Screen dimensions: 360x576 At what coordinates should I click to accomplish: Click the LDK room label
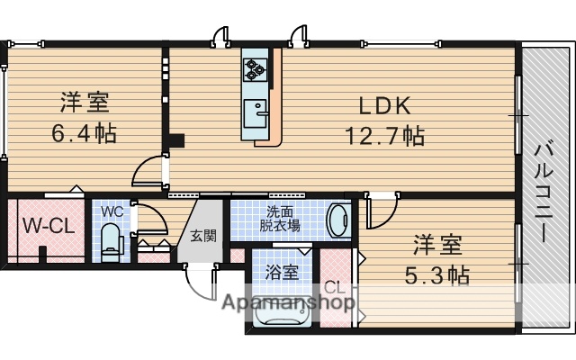[x=384, y=106]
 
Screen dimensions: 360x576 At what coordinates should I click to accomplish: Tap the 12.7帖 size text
[x=384, y=137]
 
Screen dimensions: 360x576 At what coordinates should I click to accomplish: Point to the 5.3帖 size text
[x=437, y=274]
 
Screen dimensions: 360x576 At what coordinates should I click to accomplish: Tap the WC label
[x=112, y=212]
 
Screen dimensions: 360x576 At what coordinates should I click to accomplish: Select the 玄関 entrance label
[x=202, y=237]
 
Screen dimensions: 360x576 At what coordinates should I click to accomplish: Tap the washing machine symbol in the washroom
[x=338, y=220]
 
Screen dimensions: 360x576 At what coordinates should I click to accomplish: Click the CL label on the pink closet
[x=334, y=288]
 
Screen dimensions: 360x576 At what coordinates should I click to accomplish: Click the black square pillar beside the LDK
[x=178, y=139]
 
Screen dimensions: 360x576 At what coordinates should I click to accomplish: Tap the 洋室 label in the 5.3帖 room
[x=437, y=243]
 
